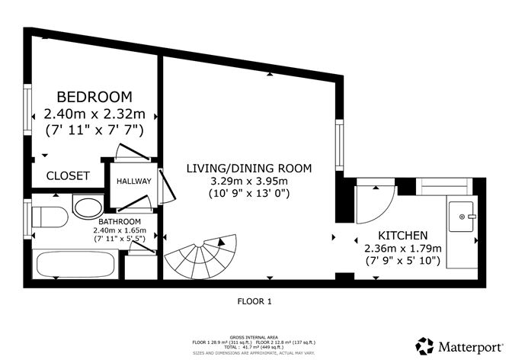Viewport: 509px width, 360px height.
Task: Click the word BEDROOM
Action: tap(94, 97)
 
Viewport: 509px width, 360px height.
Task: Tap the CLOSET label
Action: tap(68, 175)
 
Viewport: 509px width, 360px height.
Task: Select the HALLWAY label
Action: tap(133, 182)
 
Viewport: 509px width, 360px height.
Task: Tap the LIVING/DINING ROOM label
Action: tap(249, 167)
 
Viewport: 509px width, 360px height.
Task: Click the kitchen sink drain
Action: tap(463, 217)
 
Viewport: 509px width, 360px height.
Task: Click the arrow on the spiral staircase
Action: tap(221, 243)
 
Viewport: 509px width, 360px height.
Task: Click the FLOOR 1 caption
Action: tap(254, 301)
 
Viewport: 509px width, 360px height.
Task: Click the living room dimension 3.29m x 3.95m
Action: tap(249, 181)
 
